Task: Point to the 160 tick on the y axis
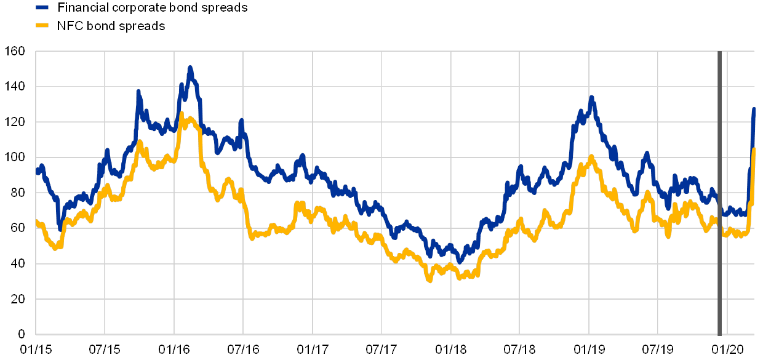pyautogui.click(x=15, y=52)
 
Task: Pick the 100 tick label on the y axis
pyautogui.click(x=15, y=158)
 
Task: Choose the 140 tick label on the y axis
pyautogui.click(x=15, y=87)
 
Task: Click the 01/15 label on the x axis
pyautogui.click(x=35, y=350)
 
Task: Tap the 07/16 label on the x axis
pyautogui.click(x=243, y=350)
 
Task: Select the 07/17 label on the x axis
pyautogui.click(x=381, y=350)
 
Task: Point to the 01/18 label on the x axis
pyautogui.click(x=451, y=350)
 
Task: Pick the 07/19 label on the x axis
pyautogui.click(x=658, y=350)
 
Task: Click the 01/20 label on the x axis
pyautogui.click(x=727, y=350)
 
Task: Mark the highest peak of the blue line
pyautogui.click(x=190, y=67)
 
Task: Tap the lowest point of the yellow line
pyautogui.click(x=429, y=280)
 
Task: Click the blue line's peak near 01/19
pyautogui.click(x=591, y=97)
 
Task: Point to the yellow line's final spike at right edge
pyautogui.click(x=754, y=149)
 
